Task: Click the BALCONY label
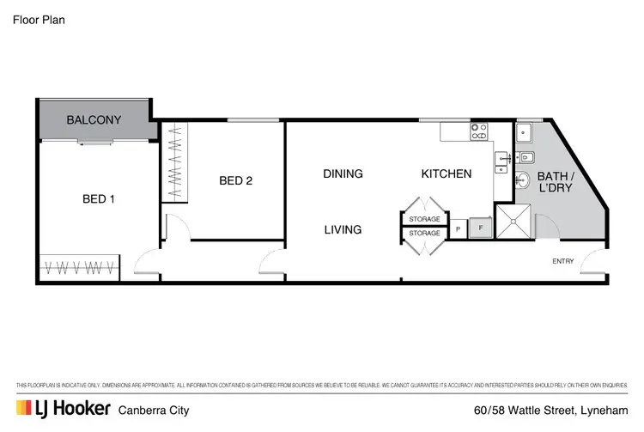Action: click(x=94, y=120)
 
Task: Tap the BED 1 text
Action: click(x=99, y=199)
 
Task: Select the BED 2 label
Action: click(x=235, y=180)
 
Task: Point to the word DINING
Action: click(x=343, y=173)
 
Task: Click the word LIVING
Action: click(x=343, y=230)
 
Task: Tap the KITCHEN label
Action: click(x=446, y=173)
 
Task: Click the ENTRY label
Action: click(x=563, y=261)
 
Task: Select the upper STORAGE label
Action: click(x=424, y=220)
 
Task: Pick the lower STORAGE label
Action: click(x=424, y=233)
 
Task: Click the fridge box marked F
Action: click(x=481, y=229)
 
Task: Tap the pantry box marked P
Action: click(x=459, y=229)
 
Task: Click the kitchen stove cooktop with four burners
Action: click(x=478, y=132)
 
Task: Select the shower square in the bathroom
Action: click(x=512, y=222)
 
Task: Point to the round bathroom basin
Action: click(x=523, y=181)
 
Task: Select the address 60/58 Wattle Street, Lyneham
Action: click(x=551, y=409)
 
